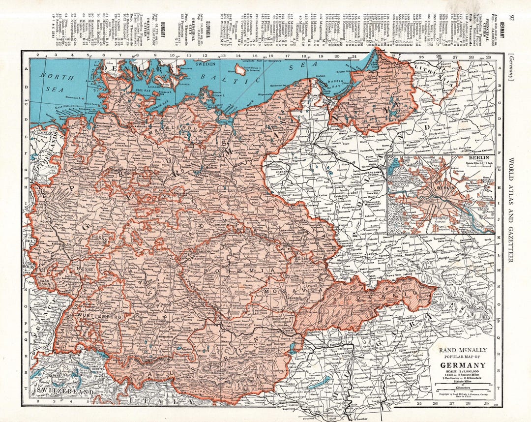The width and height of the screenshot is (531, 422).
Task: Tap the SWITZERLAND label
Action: point(65,392)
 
